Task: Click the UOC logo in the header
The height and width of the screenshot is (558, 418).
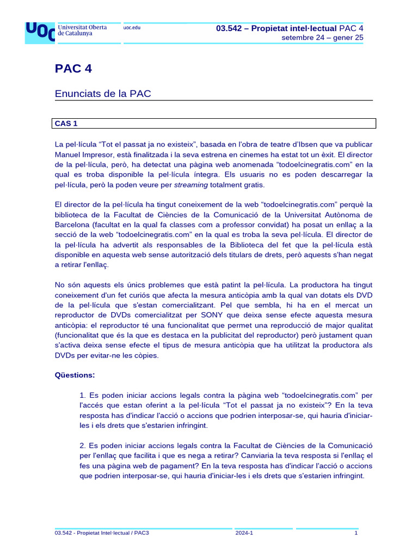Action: coord(40,32)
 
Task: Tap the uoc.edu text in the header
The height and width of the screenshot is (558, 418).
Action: coord(132,28)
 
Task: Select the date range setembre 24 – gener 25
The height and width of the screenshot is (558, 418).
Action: coord(322,38)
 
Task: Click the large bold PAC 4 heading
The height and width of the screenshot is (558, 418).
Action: coord(73,69)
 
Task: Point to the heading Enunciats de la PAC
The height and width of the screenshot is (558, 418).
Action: coord(103,94)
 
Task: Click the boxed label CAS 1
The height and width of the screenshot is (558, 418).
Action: coord(66,124)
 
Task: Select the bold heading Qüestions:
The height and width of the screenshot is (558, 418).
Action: coord(75,375)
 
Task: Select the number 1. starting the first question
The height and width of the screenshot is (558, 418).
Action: coord(83,395)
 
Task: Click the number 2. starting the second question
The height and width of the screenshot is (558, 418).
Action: coord(83,446)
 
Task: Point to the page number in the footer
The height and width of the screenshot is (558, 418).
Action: coord(356,533)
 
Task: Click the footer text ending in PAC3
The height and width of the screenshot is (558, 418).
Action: coord(102,533)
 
